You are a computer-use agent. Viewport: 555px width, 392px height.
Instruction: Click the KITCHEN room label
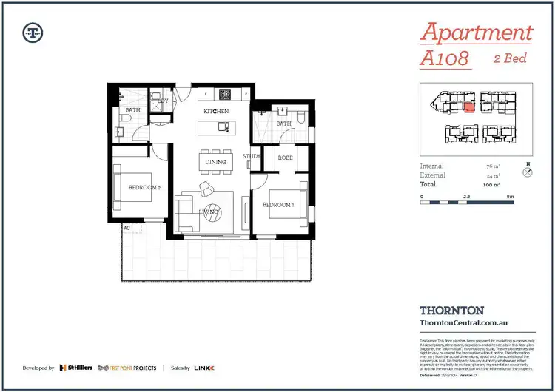coord(217,111)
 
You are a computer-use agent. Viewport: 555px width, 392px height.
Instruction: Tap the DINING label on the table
coord(215,162)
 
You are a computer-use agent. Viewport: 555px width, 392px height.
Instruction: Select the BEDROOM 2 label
coord(144,189)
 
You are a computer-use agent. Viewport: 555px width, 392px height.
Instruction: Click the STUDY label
coord(252,156)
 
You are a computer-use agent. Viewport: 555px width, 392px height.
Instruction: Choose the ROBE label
coord(286,158)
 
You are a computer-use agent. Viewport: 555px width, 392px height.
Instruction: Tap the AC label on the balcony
coord(127,228)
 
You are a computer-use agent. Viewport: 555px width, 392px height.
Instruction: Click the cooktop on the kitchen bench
coord(223,95)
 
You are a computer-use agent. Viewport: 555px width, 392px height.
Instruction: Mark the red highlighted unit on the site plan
coord(468,107)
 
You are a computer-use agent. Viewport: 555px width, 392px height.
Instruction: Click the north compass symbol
coord(528,172)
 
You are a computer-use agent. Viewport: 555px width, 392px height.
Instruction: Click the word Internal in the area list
coord(433,166)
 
